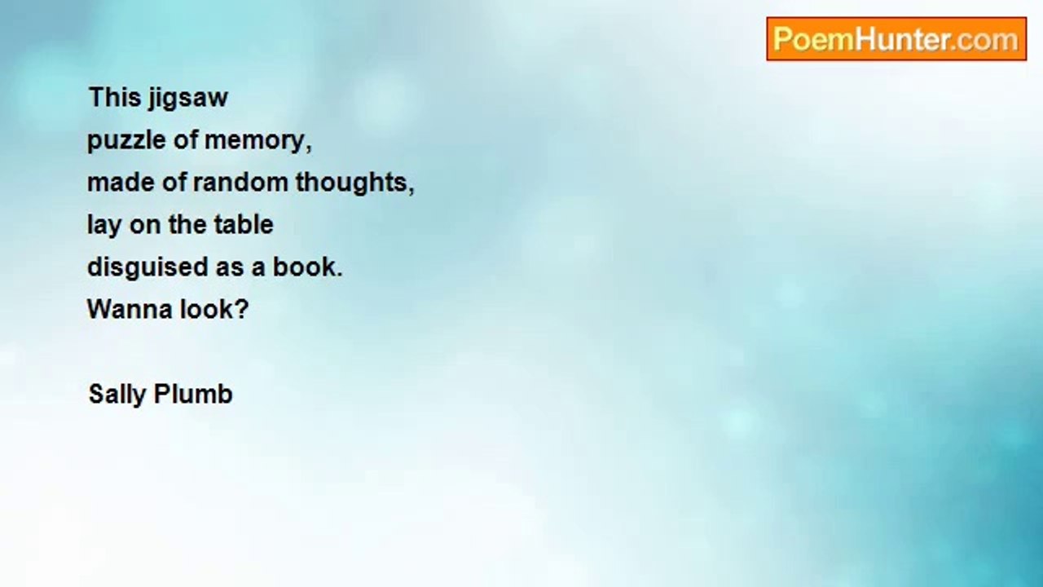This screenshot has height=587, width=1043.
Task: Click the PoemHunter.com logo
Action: coord(896,39)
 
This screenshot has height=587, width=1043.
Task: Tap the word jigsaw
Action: coord(187,99)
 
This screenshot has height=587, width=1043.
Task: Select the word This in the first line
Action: coord(115,97)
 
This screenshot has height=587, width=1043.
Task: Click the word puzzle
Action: coord(126,141)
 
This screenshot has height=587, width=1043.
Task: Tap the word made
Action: coord(121,182)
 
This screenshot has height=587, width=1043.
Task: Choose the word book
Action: coord(304,267)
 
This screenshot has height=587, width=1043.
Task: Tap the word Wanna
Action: coord(130,309)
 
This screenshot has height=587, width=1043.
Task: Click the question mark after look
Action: coord(240,309)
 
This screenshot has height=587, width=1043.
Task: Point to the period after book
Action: coord(339,275)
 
